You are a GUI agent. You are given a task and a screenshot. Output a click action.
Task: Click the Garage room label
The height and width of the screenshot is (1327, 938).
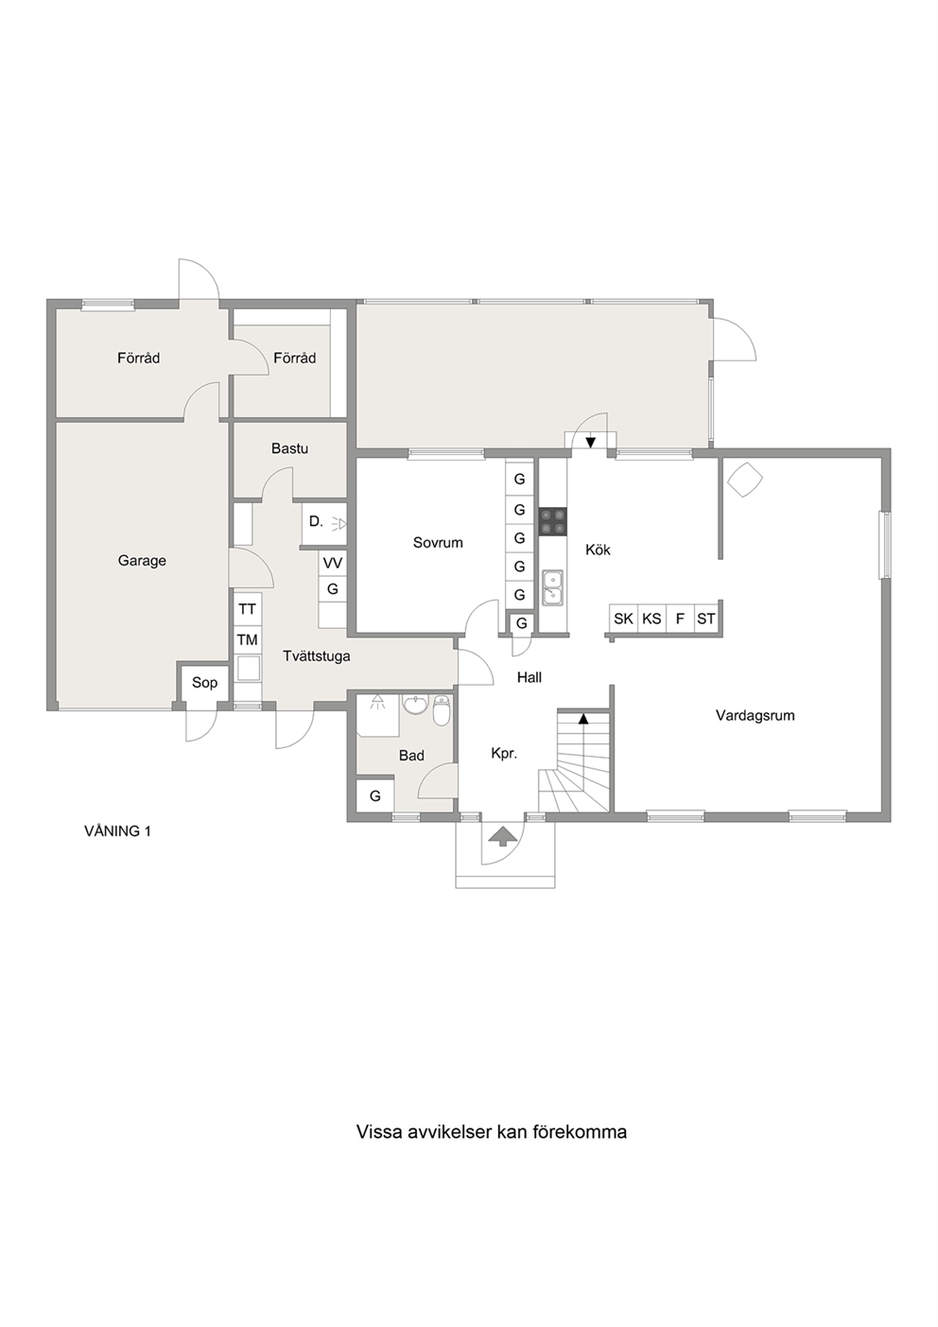tap(142, 561)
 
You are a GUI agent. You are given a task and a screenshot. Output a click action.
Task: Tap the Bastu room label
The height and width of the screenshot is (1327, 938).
tap(289, 448)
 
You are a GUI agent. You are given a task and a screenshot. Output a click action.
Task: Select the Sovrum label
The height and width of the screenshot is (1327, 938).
tap(438, 543)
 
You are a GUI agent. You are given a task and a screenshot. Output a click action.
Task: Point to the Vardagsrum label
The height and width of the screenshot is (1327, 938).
tap(755, 715)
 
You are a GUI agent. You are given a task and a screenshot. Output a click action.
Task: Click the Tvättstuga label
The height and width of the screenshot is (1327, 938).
tap(316, 656)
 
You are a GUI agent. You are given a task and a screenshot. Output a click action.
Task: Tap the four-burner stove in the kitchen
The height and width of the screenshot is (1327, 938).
tap(552, 522)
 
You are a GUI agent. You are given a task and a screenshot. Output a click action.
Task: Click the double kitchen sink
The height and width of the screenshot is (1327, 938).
tap(552, 587)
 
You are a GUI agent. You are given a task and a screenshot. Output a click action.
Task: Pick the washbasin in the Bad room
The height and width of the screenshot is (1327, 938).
tap(415, 705)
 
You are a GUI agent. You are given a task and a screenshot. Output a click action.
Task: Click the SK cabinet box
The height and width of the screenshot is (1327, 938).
tap(623, 620)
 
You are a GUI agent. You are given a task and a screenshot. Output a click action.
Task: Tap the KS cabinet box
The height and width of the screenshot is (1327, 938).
tap(652, 620)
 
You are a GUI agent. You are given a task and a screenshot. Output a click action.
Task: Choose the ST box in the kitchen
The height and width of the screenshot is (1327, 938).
tap(706, 620)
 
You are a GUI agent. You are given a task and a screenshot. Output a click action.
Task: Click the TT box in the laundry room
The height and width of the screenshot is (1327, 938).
tap(247, 609)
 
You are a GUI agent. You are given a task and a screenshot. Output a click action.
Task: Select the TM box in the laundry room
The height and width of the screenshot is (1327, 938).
tap(247, 639)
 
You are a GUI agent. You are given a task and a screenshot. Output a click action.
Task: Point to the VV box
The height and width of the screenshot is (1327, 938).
tap(333, 563)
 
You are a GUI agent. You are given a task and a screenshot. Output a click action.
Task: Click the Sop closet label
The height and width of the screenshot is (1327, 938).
tap(205, 683)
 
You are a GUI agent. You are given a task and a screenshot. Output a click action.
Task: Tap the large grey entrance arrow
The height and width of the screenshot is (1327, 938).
tap(501, 835)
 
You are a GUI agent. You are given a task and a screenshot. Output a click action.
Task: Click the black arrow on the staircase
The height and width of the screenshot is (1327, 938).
tap(583, 719)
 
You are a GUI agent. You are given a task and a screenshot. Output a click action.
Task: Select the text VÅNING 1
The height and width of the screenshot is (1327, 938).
tap(118, 831)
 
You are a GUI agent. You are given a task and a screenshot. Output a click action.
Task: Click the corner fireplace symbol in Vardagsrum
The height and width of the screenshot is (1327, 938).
tap(745, 480)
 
